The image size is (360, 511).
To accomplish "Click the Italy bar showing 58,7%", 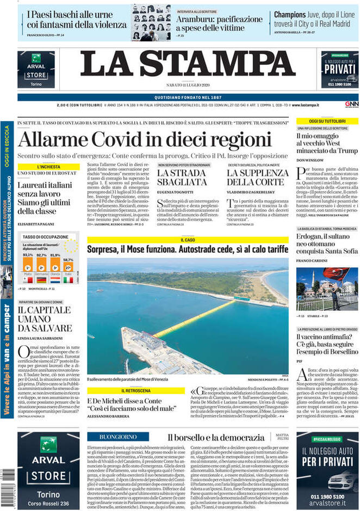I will [x=68, y=270].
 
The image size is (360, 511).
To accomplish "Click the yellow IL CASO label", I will [x=188, y=240].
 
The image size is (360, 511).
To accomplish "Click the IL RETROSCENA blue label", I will [x=136, y=390].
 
